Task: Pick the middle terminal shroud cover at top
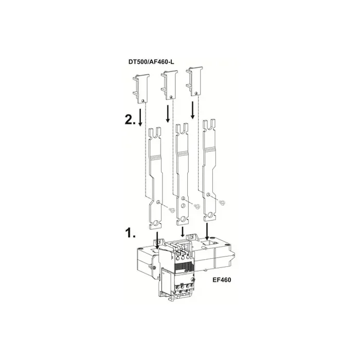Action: point(169,84)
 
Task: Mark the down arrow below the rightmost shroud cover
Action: point(193,110)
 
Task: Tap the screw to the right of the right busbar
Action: point(222,203)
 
